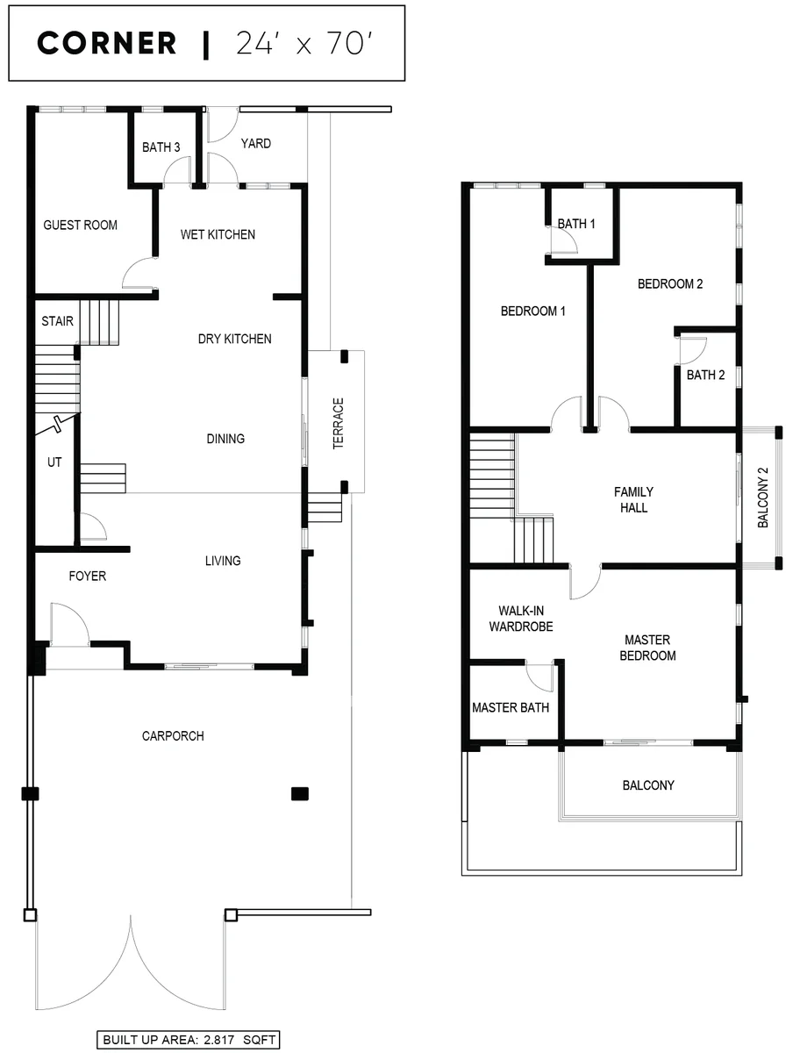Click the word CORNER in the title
coord(106,43)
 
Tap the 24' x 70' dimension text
coord(304,43)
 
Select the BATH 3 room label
coord(161,147)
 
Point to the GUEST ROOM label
coord(80,225)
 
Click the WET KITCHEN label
coord(218,234)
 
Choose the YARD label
coord(255,143)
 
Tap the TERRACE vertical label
coord(338,423)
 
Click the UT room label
coord(54,462)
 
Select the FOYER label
coord(87,576)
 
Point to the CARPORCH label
coord(173,736)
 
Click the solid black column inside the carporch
coord(300,794)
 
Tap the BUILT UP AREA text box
coord(188,1040)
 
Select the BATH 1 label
coord(575,224)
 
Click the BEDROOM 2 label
coord(670,284)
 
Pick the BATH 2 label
coord(705,376)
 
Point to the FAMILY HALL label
coord(633,499)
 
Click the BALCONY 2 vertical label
coord(763,498)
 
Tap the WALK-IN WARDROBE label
coord(521,619)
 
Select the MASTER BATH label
coord(511,707)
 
